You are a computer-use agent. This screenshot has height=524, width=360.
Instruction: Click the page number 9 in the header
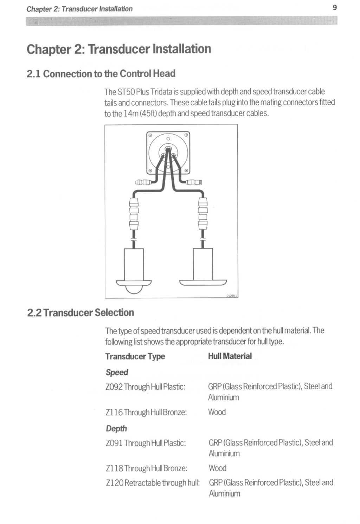click(x=334, y=8)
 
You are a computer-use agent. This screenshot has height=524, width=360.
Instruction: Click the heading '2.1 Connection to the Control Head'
click(x=101, y=74)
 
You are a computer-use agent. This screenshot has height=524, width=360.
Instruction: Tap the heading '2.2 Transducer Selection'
click(x=81, y=312)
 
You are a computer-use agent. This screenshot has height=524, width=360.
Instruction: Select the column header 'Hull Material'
click(x=230, y=356)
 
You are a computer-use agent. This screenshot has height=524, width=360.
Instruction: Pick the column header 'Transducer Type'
click(x=135, y=356)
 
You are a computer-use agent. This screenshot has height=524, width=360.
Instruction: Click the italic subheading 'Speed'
click(x=117, y=372)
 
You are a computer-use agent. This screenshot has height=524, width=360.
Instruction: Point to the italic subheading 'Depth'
click(x=116, y=428)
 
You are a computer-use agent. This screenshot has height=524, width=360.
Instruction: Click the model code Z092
click(x=114, y=387)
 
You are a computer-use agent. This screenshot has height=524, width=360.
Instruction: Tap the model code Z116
click(x=114, y=412)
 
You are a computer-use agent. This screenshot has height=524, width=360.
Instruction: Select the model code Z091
click(x=114, y=443)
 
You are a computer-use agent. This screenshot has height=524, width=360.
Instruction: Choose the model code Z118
click(x=114, y=468)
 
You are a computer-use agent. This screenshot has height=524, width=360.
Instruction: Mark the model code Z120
click(x=114, y=483)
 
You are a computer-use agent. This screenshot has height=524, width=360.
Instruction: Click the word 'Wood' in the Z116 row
click(x=217, y=412)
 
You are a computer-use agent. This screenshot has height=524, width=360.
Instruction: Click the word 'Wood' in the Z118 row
click(x=218, y=468)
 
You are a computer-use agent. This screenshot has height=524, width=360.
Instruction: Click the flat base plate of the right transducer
click(x=203, y=283)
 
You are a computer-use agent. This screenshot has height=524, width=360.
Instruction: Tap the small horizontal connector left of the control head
click(x=143, y=182)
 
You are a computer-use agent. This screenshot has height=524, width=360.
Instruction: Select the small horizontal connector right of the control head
click(x=194, y=182)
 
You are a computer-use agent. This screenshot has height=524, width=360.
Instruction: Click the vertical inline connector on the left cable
click(x=134, y=214)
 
